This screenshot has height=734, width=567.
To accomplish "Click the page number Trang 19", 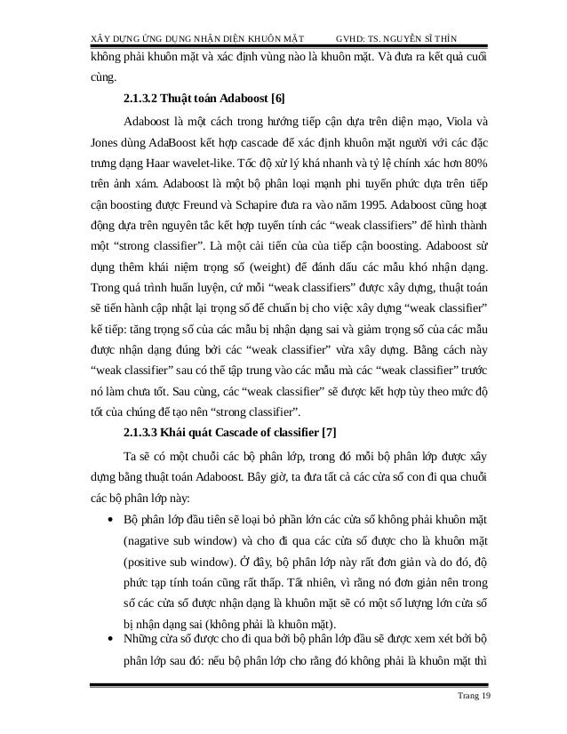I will click(471, 694).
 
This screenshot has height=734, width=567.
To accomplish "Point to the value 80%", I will click(475, 166).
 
